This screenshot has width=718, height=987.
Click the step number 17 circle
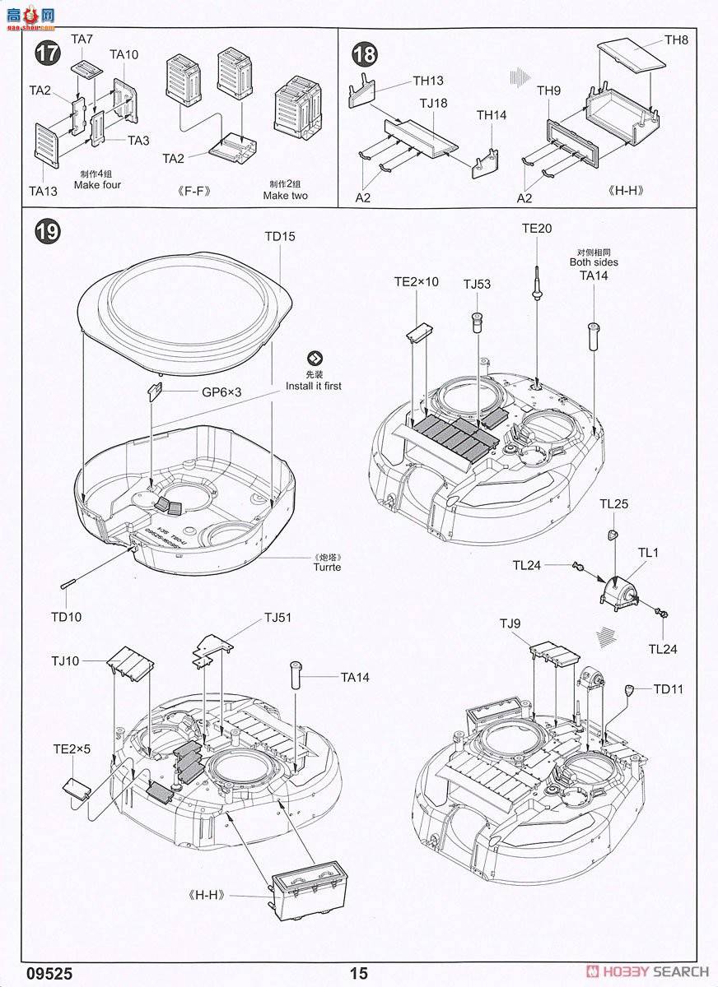click(x=49, y=53)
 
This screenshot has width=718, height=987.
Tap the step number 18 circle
click(x=365, y=54)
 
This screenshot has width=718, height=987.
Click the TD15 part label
click(x=280, y=236)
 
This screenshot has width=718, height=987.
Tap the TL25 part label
click(x=614, y=503)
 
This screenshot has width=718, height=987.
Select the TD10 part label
click(x=66, y=616)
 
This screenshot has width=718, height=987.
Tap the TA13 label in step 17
click(x=43, y=191)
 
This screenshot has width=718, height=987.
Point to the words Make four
click(x=97, y=185)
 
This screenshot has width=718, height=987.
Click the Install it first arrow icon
click(x=315, y=358)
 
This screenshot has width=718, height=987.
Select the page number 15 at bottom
click(x=358, y=973)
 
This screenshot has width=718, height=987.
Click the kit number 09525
click(x=42, y=973)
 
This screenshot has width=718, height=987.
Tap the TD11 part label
click(x=668, y=689)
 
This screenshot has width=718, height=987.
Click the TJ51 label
click(x=277, y=617)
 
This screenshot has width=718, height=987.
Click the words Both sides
click(x=593, y=262)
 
